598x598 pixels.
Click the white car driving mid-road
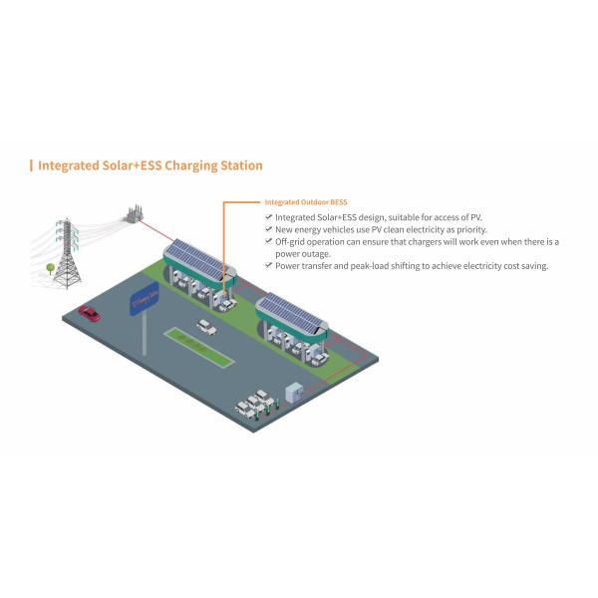(x=206, y=325)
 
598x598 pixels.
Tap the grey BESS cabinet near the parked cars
(x=293, y=392)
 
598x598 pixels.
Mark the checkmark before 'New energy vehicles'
(x=268, y=229)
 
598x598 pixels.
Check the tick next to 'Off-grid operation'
(x=268, y=242)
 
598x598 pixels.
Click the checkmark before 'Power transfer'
(x=268, y=266)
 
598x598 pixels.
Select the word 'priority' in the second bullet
(x=462, y=229)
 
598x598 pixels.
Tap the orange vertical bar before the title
(x=31, y=165)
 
